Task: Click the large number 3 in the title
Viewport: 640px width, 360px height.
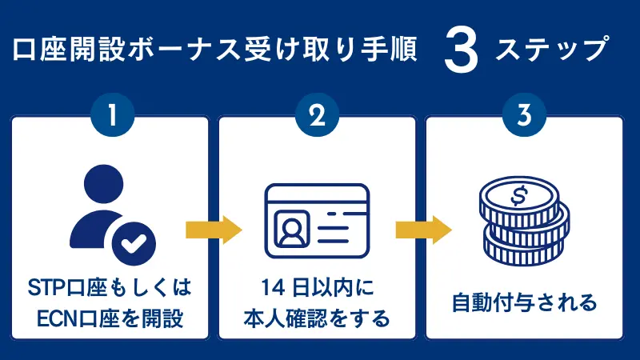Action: pos(461,52)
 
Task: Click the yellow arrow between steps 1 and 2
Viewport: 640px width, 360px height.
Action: pos(214,230)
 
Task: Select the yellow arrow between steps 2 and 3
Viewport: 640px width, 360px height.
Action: pos(422,230)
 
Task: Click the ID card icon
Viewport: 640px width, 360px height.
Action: pos(318,220)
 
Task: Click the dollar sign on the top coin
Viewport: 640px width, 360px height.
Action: pos(518,196)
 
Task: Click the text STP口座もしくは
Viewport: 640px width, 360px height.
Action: pos(110,288)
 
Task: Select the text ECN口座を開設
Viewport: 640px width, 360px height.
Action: pos(110,319)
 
